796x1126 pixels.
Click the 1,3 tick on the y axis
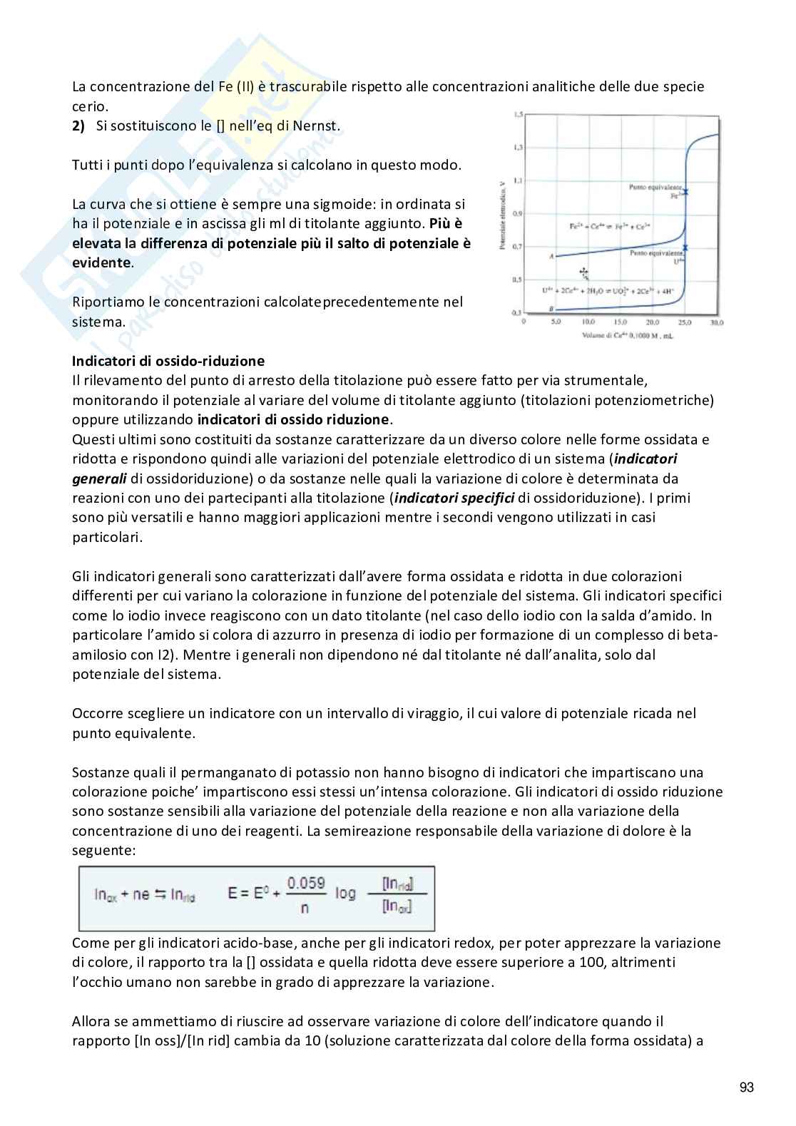(516, 147)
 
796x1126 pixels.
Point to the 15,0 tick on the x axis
(621, 322)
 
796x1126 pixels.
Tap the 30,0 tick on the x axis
(717, 322)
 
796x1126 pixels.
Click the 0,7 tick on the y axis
(516, 246)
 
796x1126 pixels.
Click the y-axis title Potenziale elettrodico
(504, 214)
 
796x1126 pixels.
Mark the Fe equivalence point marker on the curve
(685, 191)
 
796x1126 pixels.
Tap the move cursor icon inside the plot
(583, 272)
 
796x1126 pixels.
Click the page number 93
(746, 1087)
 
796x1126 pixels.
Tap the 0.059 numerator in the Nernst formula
(306, 883)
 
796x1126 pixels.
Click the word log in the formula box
(345, 893)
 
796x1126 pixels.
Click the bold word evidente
(102, 262)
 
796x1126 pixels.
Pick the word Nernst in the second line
(317, 126)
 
